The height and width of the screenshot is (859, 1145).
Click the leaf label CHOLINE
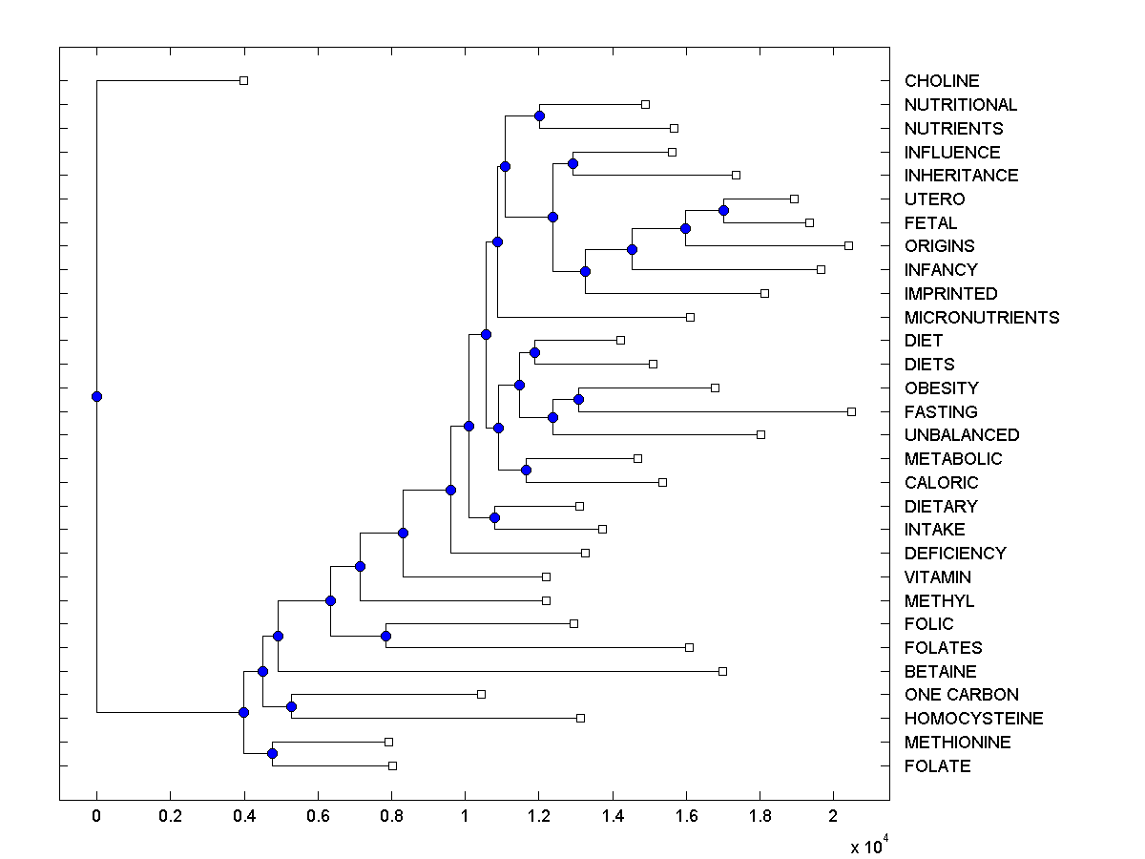pyautogui.click(x=942, y=81)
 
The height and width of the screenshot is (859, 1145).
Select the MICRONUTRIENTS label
pyautogui.click(x=982, y=318)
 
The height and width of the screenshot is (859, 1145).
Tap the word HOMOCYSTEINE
pyautogui.click(x=974, y=719)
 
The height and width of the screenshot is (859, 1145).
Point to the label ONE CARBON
pyautogui.click(x=962, y=695)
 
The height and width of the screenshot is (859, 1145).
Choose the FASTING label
pyautogui.click(x=941, y=412)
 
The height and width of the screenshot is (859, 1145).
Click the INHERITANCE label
pyautogui.click(x=962, y=176)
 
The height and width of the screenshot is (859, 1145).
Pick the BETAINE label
pyautogui.click(x=941, y=672)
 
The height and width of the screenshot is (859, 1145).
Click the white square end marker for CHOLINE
pyautogui.click(x=244, y=81)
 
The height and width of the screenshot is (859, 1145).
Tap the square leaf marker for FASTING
pyautogui.click(x=851, y=411)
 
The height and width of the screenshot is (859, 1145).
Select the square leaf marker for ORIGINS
pyautogui.click(x=848, y=246)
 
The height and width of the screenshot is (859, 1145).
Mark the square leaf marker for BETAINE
pyautogui.click(x=722, y=671)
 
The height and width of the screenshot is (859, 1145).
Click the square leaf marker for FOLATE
pyautogui.click(x=392, y=765)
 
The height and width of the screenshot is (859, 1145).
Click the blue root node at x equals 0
pyautogui.click(x=96, y=396)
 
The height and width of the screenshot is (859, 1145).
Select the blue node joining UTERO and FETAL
pyautogui.click(x=723, y=210)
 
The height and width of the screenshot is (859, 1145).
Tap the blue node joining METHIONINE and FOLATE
pyautogui.click(x=272, y=754)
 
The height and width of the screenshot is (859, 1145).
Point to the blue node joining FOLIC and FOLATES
pyautogui.click(x=385, y=636)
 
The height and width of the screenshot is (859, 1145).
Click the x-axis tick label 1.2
pyautogui.click(x=539, y=817)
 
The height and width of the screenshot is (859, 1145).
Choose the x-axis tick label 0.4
pyautogui.click(x=244, y=817)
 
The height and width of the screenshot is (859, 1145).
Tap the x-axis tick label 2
pyautogui.click(x=834, y=817)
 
